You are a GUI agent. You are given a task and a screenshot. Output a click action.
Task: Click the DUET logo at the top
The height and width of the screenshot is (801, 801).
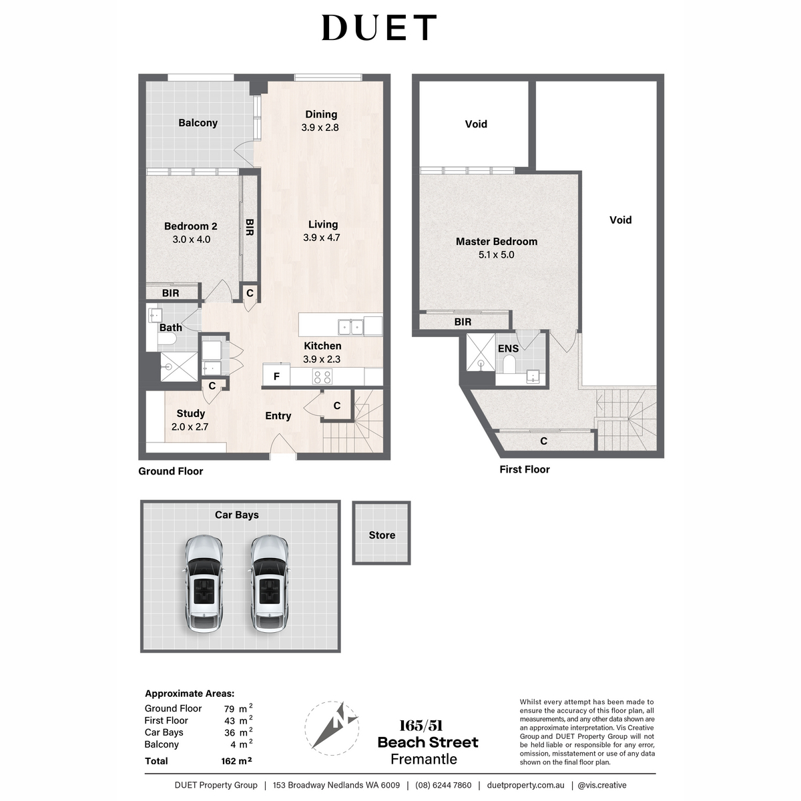pyautogui.click(x=379, y=28)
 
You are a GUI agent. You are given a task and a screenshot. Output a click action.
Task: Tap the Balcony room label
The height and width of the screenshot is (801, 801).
pyautogui.click(x=198, y=123)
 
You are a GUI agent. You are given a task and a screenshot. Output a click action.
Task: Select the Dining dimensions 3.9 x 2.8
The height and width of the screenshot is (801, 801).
pyautogui.click(x=320, y=127)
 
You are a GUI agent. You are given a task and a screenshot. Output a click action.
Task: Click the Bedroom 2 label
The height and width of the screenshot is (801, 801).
pyautogui.click(x=191, y=226)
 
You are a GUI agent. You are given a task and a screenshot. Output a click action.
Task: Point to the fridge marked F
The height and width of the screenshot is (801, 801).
pyautogui.click(x=276, y=376)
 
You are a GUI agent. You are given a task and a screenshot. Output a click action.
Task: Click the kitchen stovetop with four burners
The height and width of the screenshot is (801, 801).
pyautogui.click(x=323, y=376)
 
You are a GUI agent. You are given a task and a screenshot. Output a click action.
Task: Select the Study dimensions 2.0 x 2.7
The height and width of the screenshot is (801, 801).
pyautogui.click(x=190, y=427)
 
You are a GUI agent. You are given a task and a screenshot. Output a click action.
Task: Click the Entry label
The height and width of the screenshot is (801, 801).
pyautogui.click(x=278, y=416)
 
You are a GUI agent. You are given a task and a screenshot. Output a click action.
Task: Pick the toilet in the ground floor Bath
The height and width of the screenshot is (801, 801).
pyautogui.click(x=167, y=342)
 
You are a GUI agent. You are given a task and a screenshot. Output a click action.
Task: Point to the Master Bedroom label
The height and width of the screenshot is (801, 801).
pyautogui.click(x=497, y=242)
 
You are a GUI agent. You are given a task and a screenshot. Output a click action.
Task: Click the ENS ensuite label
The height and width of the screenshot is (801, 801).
pyautogui.click(x=509, y=348)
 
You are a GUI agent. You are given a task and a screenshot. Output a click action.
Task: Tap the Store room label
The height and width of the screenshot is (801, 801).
pyautogui.click(x=382, y=535)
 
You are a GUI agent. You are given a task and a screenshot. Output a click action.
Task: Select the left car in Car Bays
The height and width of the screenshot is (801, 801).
pyautogui.click(x=204, y=584)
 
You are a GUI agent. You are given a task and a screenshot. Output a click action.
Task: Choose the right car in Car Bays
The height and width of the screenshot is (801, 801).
pyautogui.click(x=269, y=584)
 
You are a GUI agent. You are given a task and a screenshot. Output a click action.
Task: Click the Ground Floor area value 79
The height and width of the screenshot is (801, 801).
pyautogui.click(x=229, y=709)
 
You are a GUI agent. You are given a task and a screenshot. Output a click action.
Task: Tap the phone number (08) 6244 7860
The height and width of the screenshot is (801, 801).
pyautogui.click(x=443, y=785)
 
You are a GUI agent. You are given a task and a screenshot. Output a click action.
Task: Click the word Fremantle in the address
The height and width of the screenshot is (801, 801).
pyautogui.click(x=424, y=759)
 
